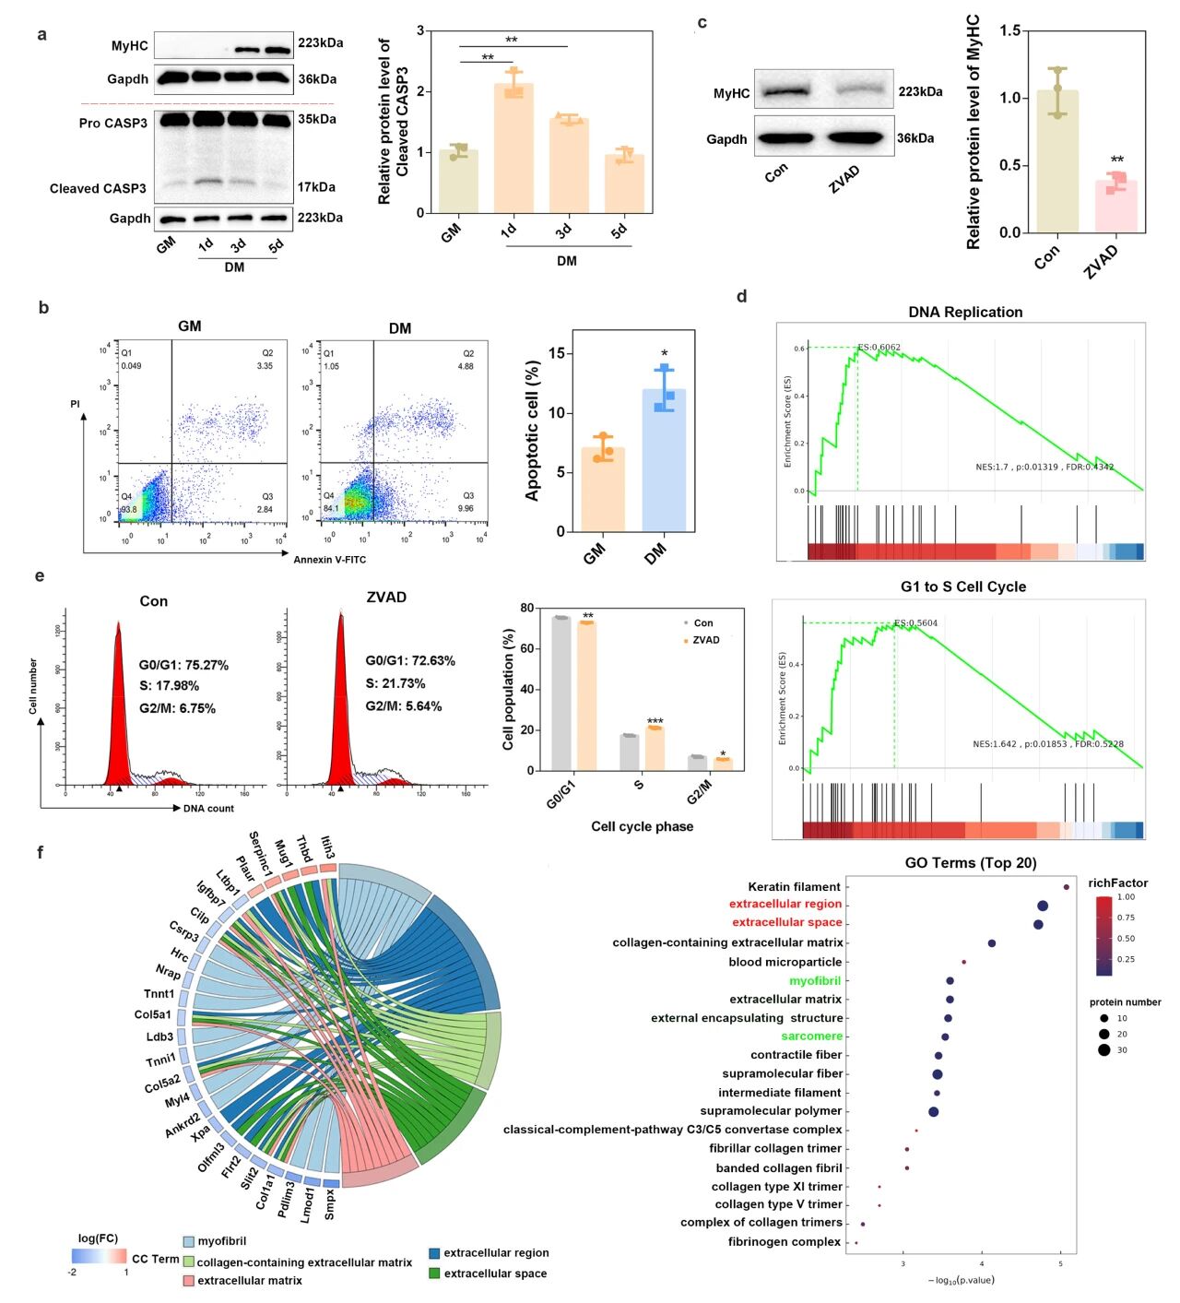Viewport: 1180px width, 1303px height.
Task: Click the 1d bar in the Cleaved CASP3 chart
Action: point(513,148)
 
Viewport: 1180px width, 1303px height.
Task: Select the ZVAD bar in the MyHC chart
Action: point(1115,206)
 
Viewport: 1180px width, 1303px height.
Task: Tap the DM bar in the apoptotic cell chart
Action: point(664,461)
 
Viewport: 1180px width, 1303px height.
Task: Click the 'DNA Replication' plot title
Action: point(965,312)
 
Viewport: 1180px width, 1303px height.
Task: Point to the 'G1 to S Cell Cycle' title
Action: point(962,586)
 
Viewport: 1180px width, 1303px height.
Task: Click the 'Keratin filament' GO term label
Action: point(794,886)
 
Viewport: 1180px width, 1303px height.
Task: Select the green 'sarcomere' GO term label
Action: point(811,1036)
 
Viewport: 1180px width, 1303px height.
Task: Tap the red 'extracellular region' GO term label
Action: point(785,904)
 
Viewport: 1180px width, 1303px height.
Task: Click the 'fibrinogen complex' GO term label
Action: point(784,1241)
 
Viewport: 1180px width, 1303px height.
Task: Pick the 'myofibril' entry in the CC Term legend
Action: point(221,1241)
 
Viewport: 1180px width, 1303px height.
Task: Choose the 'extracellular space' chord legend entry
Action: point(495,1273)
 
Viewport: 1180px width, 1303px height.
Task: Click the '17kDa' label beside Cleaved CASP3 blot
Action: point(316,187)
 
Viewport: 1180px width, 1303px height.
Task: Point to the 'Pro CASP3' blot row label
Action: point(112,123)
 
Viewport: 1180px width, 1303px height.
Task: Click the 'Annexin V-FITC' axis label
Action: point(329,560)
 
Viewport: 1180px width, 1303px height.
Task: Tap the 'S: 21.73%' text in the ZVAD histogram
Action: point(395,683)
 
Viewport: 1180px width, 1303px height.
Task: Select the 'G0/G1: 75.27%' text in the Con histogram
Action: point(183,665)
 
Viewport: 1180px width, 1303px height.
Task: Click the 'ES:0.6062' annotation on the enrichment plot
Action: point(879,348)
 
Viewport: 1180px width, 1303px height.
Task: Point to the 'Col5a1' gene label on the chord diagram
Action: point(152,1014)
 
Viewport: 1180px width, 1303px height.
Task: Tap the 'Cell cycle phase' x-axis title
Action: point(642,826)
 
